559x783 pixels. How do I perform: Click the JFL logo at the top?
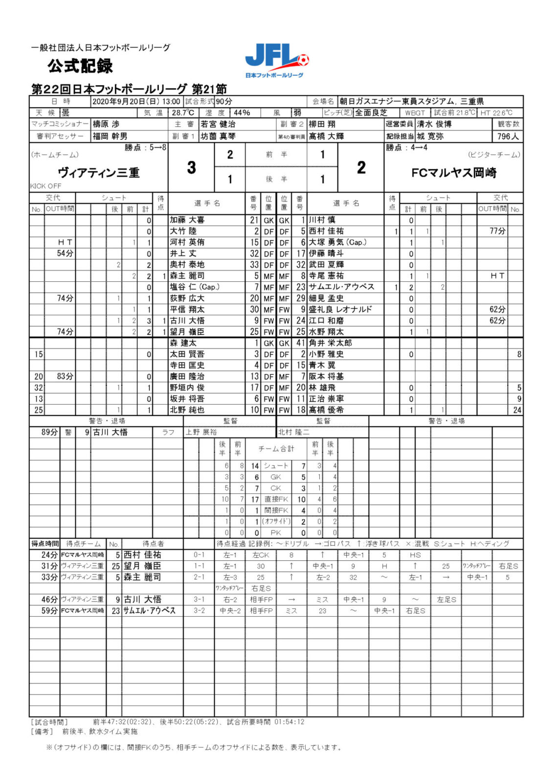tap(277, 60)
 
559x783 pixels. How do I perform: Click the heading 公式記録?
tap(80, 66)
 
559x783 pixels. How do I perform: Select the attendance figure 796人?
tap(508, 137)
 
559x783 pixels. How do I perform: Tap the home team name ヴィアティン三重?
tap(98, 172)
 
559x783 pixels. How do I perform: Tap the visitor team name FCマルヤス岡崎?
tap(453, 172)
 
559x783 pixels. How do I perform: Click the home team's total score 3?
tap(191, 167)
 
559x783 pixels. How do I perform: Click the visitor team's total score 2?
tap(361, 167)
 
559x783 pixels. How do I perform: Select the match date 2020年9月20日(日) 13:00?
tap(136, 101)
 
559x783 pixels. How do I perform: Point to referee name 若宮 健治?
tap(218, 124)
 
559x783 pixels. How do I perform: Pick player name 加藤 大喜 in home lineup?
tap(187, 220)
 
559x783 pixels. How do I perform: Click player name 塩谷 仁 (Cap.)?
tap(195, 287)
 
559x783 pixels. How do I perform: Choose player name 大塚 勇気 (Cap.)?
tap(337, 242)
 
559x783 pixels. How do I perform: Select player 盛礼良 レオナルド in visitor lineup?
tap(340, 309)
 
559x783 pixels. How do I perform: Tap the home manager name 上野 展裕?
tap(201, 432)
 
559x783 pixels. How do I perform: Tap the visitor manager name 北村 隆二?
tap(293, 432)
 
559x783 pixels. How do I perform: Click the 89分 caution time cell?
tap(49, 432)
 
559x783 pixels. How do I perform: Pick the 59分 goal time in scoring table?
tap(49, 610)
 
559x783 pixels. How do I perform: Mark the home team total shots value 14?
tap(255, 466)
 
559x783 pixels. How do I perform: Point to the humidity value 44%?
tap(242, 113)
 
